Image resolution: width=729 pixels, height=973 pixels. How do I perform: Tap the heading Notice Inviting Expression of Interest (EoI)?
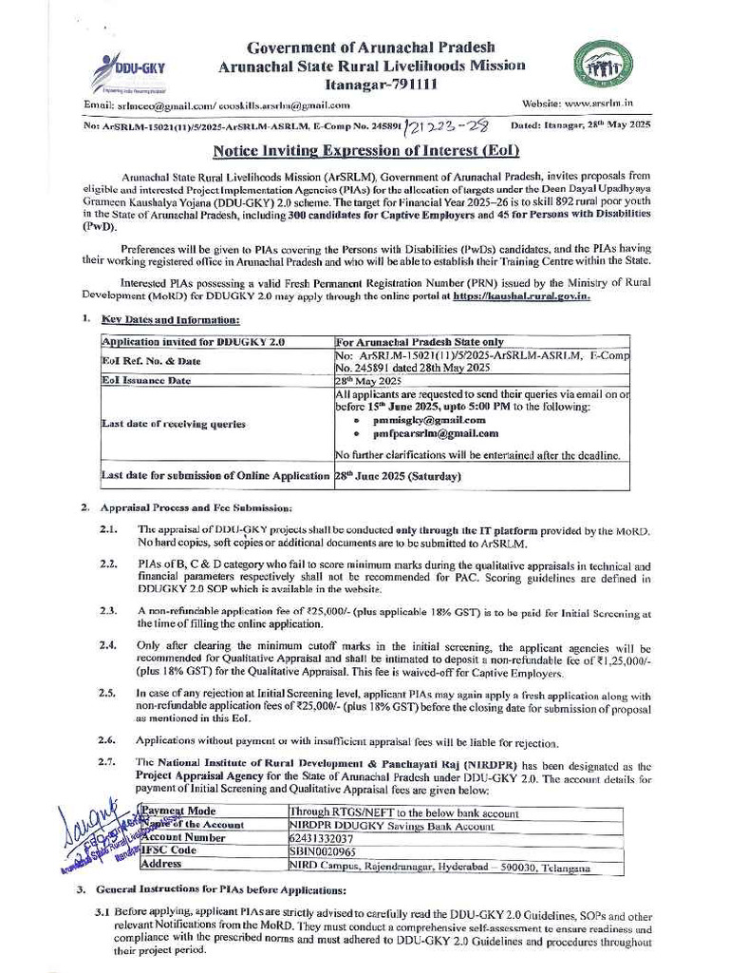[364, 150]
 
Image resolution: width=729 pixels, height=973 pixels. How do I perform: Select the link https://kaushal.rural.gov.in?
[522, 296]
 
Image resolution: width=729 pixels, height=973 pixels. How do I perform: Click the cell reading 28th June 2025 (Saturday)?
[399, 476]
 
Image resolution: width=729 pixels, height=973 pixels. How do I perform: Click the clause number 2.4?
[108, 643]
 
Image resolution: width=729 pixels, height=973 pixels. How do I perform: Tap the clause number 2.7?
[108, 763]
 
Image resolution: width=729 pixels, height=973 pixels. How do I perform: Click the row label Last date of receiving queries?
[160, 424]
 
